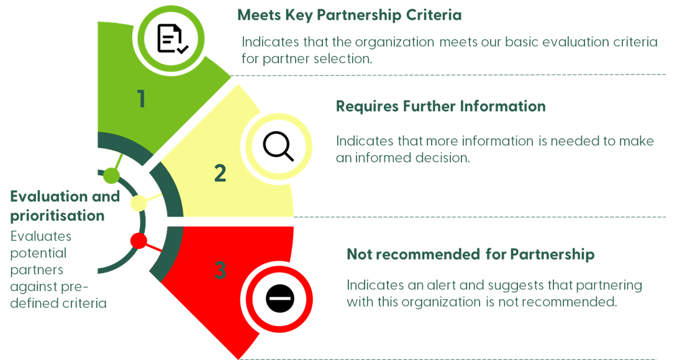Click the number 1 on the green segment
coord(142,99)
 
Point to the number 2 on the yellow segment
coord(220,173)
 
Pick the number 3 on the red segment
coord(220,271)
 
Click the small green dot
coord(111,176)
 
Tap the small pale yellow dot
coord(138,203)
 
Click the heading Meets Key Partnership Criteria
coord(350,16)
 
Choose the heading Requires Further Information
coord(440,106)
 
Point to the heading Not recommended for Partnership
coord(470,254)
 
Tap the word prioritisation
coord(57,215)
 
